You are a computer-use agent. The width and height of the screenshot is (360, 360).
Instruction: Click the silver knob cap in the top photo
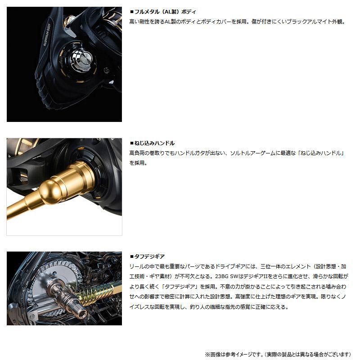(85, 58)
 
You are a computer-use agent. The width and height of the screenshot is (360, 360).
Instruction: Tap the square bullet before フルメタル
(131, 12)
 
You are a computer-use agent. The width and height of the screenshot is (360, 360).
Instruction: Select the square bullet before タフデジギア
(131, 256)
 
